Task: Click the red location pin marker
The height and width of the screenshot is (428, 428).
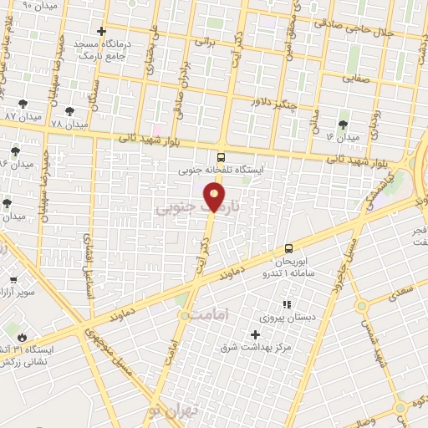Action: (216, 198)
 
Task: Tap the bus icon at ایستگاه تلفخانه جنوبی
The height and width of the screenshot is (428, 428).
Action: (221, 156)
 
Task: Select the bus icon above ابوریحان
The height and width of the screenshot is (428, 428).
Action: (288, 247)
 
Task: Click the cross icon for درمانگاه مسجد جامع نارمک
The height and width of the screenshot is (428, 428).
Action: (102, 32)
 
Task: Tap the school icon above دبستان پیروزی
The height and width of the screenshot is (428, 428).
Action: (286, 305)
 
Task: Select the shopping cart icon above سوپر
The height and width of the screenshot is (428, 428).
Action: (13, 281)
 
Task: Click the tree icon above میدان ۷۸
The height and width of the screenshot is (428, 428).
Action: (67, 109)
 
